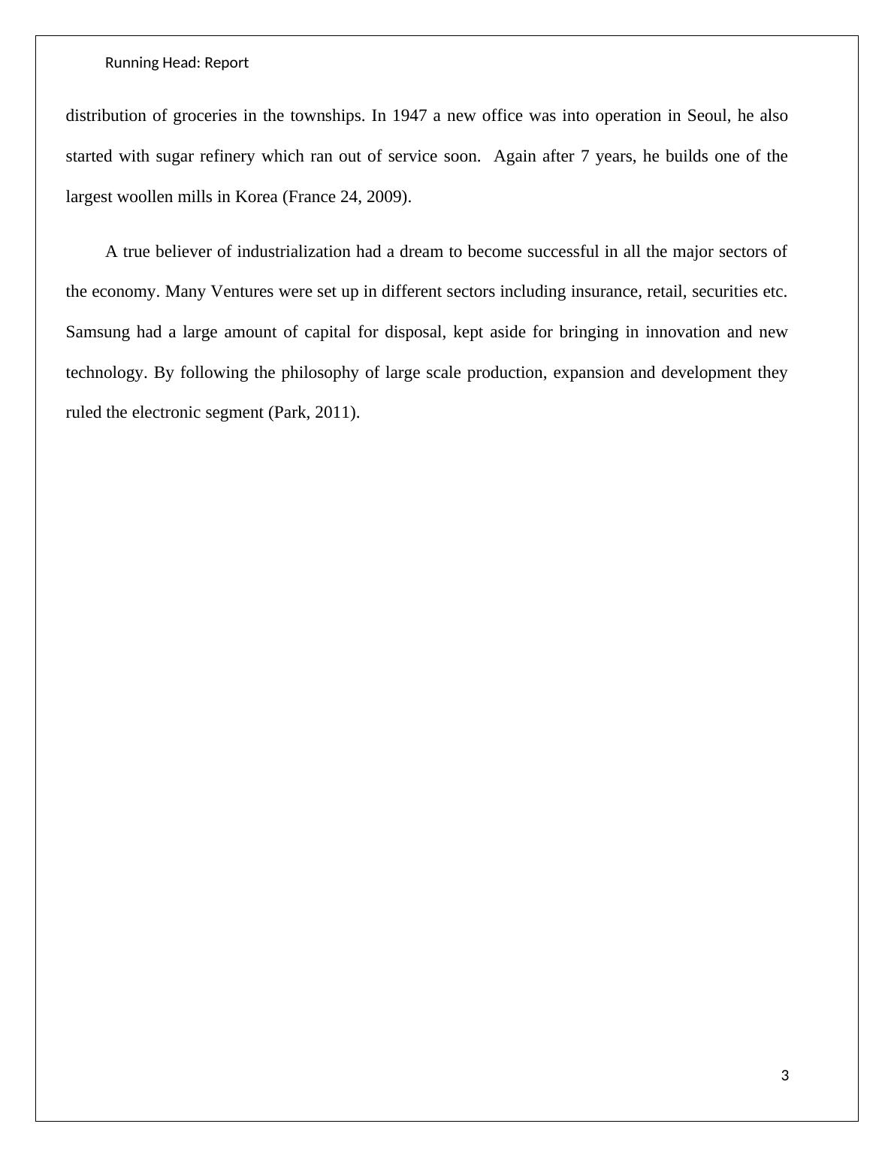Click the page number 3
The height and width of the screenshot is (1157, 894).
click(785, 1076)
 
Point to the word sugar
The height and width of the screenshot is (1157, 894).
click(175, 156)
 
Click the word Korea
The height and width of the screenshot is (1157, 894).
click(256, 197)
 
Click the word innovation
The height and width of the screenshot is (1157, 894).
click(679, 332)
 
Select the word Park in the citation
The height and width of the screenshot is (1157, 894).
click(288, 412)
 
